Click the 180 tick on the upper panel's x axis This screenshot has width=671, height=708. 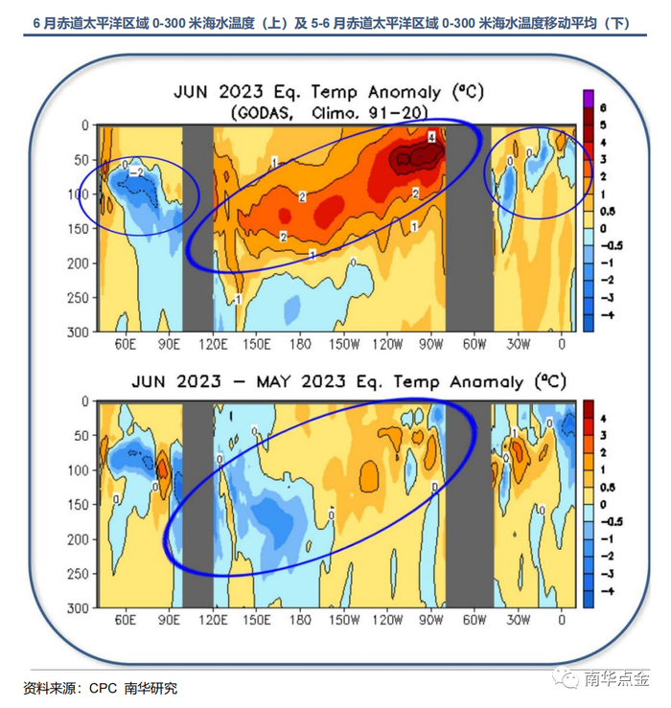tap(299, 344)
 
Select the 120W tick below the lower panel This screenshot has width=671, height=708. tap(386, 621)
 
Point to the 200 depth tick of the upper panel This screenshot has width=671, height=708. tap(81, 263)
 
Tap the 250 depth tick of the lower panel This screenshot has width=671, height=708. tap(81, 574)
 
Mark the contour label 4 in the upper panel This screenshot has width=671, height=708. tap(432, 138)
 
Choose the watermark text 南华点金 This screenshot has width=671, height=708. tap(616, 680)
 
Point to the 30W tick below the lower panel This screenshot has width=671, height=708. tap(518, 621)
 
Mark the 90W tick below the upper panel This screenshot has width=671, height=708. tap(430, 344)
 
